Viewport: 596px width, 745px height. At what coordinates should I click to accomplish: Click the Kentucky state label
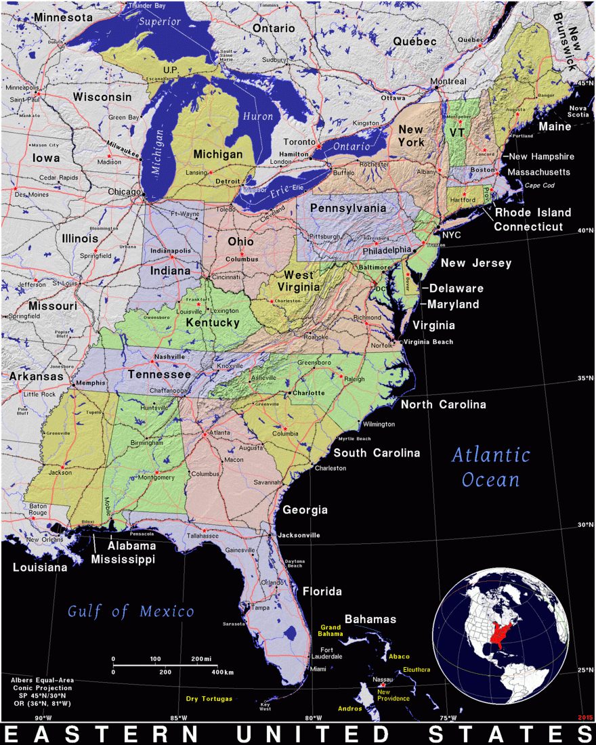point(213,323)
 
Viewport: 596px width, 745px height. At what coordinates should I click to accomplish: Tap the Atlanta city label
point(218,433)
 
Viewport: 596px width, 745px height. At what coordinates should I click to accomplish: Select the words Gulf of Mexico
point(131,612)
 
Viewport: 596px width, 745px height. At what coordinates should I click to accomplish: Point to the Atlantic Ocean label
point(491,467)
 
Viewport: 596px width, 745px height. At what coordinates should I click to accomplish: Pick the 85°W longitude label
point(178,718)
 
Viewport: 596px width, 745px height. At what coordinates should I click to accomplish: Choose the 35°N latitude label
point(585,379)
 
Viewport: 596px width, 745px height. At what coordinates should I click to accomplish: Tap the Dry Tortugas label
point(209,698)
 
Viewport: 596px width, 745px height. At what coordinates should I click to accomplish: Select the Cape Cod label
point(540,185)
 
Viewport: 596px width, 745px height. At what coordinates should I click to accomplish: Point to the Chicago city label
point(125,192)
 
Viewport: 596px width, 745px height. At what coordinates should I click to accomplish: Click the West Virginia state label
point(299,281)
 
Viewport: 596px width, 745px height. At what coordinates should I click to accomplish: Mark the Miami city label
point(318,669)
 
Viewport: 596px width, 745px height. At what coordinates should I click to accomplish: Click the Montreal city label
point(448,82)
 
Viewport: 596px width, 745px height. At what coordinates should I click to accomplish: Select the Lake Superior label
point(160,22)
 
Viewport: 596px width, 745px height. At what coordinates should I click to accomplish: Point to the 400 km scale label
point(222,672)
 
